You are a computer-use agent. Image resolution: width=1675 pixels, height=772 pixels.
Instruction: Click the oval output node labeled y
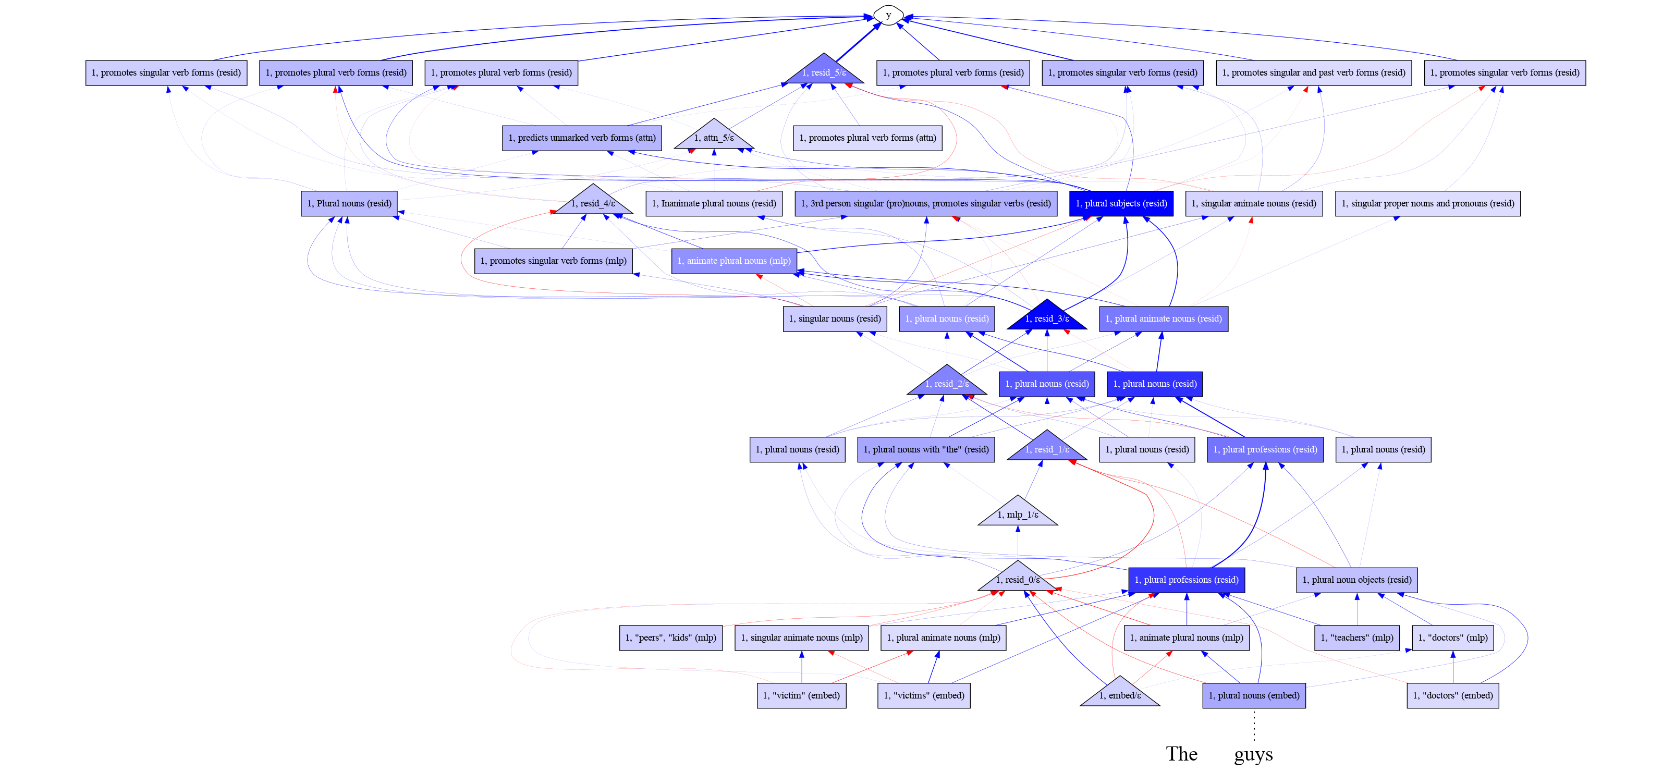tap(888, 15)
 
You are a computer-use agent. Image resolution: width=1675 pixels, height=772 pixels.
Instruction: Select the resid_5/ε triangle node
tap(824, 70)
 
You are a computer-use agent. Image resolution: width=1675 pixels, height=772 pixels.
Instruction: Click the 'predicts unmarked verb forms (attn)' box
tap(582, 138)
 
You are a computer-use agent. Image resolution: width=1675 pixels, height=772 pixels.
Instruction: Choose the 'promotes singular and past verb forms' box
tap(1314, 73)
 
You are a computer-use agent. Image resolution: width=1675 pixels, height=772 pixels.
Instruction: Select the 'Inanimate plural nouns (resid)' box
tap(714, 204)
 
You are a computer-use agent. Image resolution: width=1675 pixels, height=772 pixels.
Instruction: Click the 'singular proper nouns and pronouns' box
tap(1428, 204)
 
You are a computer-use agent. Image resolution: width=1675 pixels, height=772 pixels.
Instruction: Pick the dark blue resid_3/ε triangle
tap(1047, 315)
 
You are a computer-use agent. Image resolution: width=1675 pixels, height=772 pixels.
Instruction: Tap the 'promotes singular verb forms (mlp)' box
tap(553, 261)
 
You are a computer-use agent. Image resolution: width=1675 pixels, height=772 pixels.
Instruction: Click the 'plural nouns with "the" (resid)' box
tap(926, 449)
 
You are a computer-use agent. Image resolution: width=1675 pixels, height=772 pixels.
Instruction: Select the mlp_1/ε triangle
tap(1018, 511)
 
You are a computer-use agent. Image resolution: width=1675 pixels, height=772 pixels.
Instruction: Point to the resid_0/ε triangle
tap(1018, 577)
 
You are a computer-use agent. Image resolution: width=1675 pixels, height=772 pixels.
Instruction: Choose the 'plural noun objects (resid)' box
tap(1357, 580)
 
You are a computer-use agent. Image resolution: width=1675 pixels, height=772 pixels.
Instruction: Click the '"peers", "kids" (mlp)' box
tap(670, 638)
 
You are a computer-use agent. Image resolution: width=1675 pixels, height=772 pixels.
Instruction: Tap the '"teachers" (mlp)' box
tap(1357, 638)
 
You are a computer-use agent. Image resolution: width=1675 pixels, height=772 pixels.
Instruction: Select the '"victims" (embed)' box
tap(924, 696)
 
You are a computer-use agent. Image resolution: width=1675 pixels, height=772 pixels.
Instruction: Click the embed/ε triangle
tap(1120, 692)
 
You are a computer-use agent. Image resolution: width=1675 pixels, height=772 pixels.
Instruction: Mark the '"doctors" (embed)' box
tap(1452, 696)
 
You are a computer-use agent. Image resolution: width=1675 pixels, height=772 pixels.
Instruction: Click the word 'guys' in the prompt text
tap(1254, 754)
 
